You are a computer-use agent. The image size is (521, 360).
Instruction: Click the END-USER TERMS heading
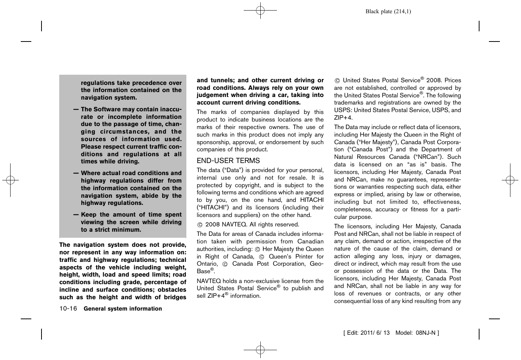click(x=228, y=161)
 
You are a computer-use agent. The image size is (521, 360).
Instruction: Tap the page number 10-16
click(x=68, y=309)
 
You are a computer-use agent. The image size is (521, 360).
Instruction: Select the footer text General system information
click(x=123, y=309)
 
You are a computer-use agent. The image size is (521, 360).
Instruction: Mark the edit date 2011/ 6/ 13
click(x=375, y=333)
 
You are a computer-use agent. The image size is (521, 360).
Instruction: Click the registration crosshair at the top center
click(x=260, y=11)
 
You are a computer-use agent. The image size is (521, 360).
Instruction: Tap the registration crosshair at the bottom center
click(x=260, y=350)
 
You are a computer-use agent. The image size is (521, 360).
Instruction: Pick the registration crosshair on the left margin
click(x=11, y=180)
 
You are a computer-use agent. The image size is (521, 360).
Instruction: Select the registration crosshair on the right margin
click(x=510, y=180)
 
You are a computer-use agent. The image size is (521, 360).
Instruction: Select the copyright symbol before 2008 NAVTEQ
click(x=200, y=225)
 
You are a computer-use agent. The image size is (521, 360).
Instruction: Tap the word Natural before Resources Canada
click(x=344, y=157)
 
